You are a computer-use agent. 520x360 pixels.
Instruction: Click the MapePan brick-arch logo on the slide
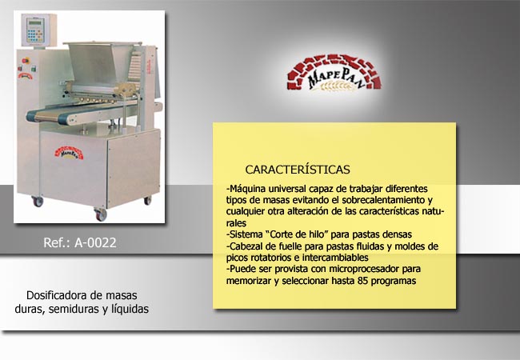click(334, 73)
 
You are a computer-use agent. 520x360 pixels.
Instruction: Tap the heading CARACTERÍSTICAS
click(298, 170)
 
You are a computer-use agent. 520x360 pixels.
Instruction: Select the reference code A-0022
click(95, 242)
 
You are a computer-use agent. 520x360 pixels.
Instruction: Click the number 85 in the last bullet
click(363, 281)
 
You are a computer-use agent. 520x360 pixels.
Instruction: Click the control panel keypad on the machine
click(35, 34)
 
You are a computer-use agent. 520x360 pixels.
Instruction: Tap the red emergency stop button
click(26, 61)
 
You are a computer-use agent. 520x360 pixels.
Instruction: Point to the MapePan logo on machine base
click(69, 153)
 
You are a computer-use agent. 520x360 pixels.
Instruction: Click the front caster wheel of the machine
click(101, 214)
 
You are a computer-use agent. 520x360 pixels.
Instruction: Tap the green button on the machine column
click(33, 70)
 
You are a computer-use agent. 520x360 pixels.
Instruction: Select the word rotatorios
click(275, 258)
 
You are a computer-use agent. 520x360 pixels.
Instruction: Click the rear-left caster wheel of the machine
click(38, 201)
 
